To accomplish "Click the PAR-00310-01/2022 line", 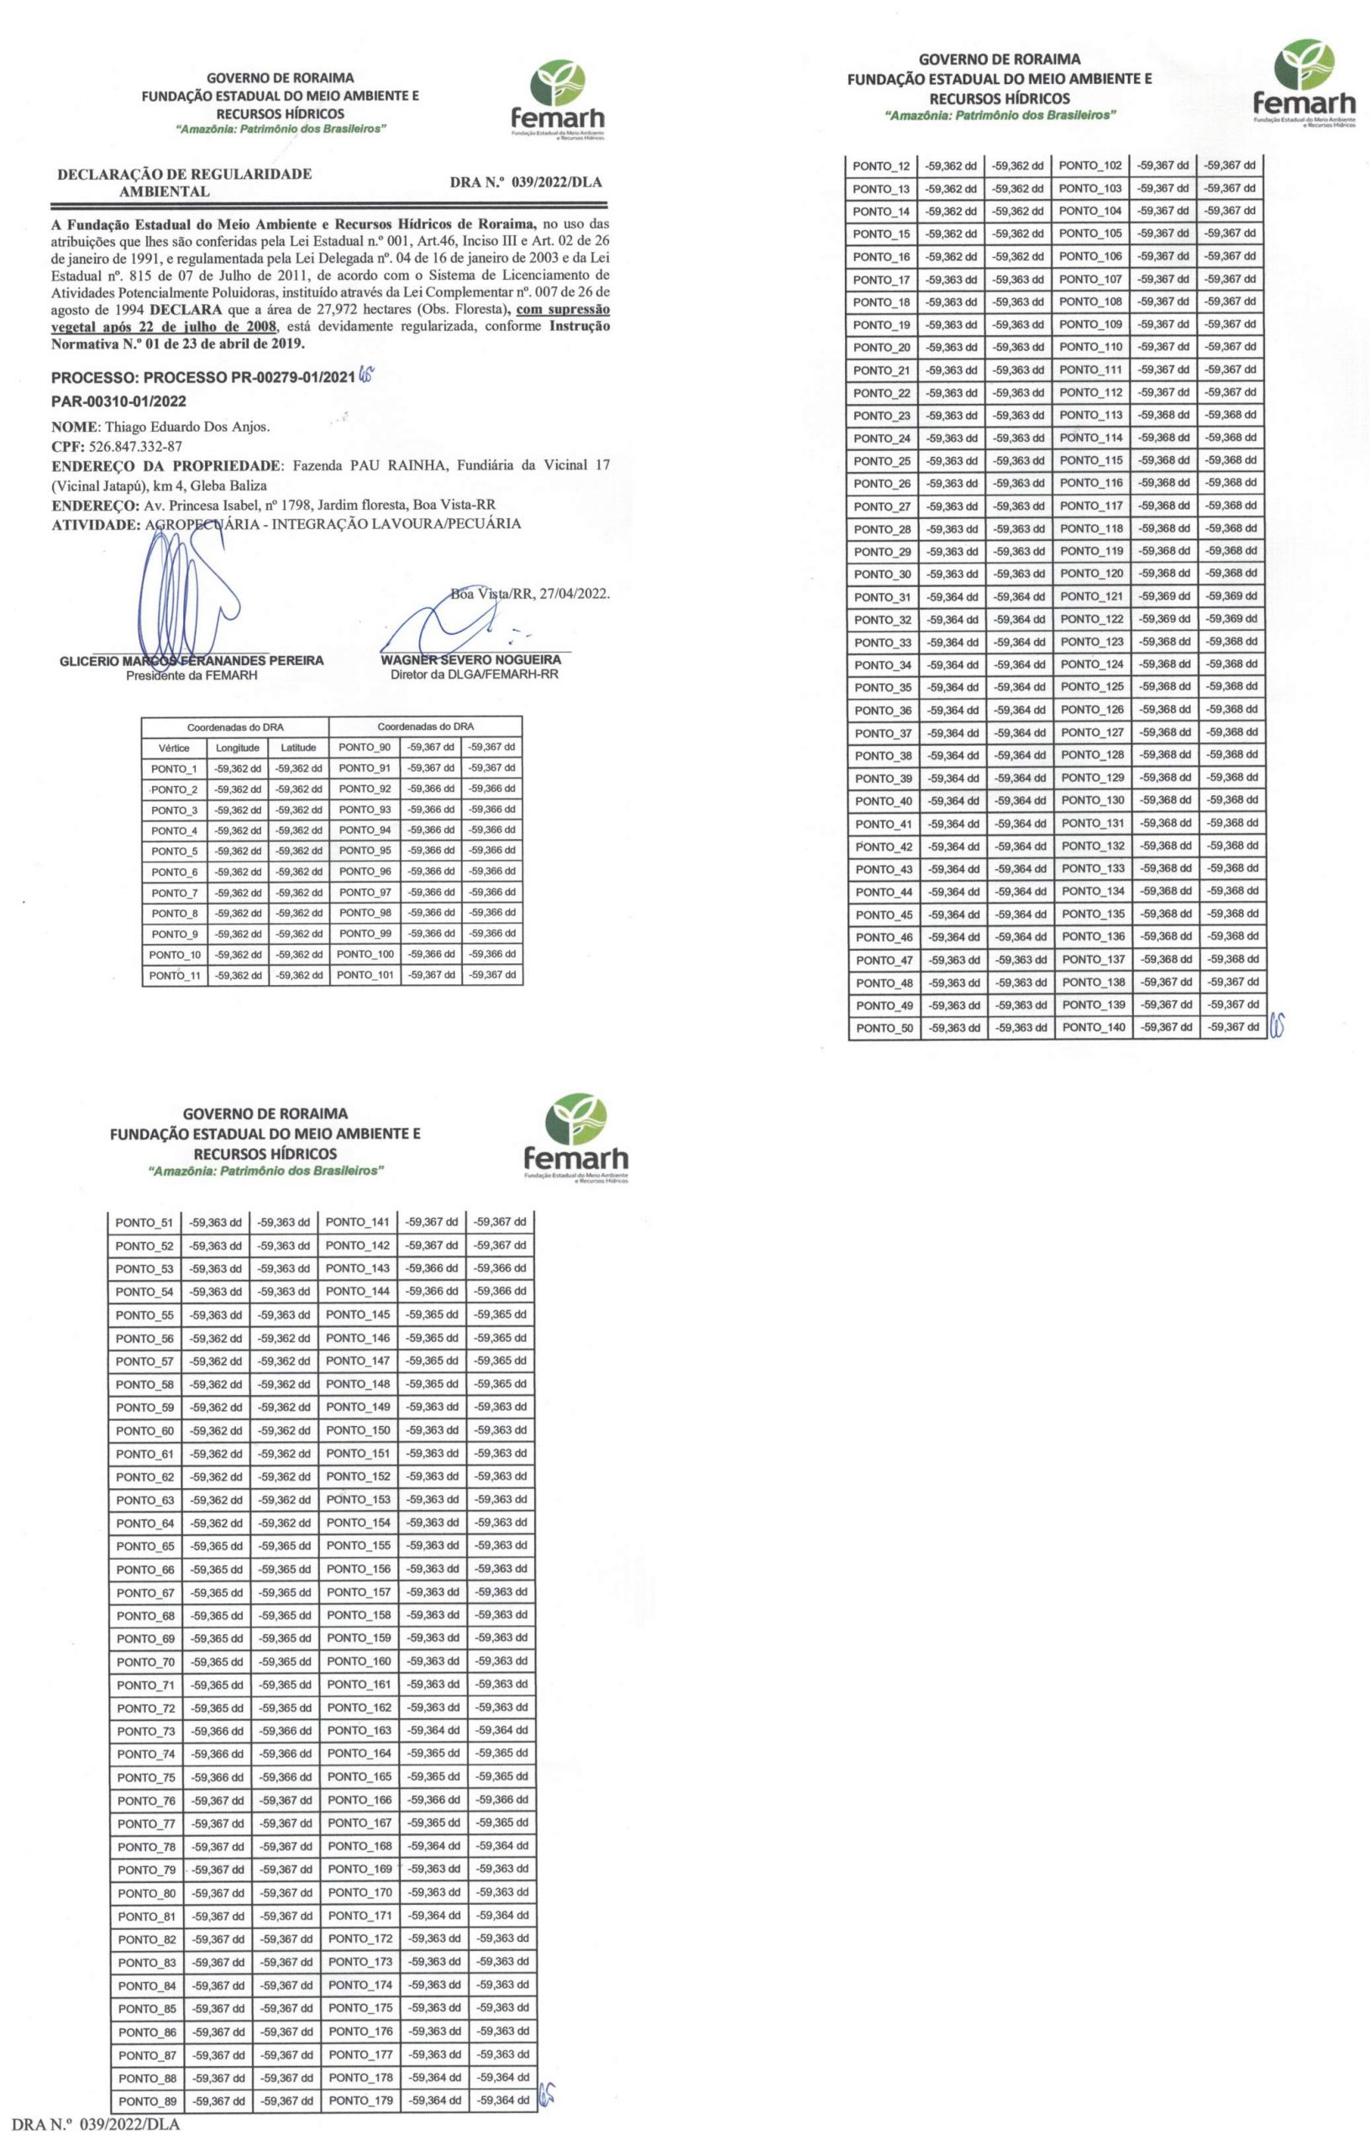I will tap(118, 401).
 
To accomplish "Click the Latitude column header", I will tap(299, 748).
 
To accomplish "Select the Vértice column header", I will tap(174, 748).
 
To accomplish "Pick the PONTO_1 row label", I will tap(174, 768).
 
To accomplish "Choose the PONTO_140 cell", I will tap(1094, 1028).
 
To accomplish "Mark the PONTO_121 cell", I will tap(1092, 596).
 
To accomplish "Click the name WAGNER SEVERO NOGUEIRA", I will tap(470, 661).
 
